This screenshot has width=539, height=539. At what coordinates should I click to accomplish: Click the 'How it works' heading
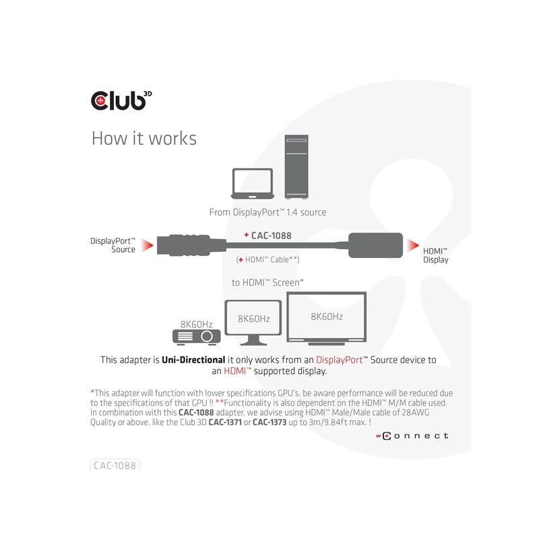click(x=144, y=139)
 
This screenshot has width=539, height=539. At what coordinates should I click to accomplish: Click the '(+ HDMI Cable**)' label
click(x=267, y=259)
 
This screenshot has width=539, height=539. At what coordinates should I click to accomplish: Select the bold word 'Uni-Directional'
click(x=193, y=360)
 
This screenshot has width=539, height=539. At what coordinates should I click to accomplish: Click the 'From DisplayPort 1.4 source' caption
click(x=267, y=212)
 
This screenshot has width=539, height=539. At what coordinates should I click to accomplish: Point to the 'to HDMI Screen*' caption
click(x=267, y=282)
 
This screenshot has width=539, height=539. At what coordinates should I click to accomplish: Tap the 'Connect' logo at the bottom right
click(x=411, y=436)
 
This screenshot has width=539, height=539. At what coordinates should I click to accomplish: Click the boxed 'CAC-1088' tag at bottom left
click(x=115, y=465)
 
